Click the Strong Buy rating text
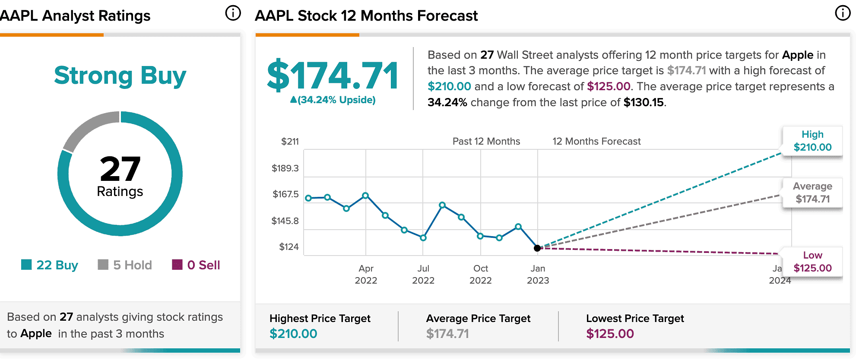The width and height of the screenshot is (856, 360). pyautogui.click(x=120, y=76)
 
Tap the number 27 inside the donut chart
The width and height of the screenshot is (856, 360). pyautogui.click(x=120, y=169)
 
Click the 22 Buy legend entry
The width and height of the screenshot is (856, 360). pyautogui.click(x=50, y=265)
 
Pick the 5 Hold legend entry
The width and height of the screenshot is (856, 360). pyautogui.click(x=125, y=265)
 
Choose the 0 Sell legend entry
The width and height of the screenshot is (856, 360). pyautogui.click(x=196, y=265)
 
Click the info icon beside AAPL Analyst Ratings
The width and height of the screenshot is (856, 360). pyautogui.click(x=233, y=13)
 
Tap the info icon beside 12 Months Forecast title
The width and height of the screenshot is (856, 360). pyautogui.click(x=843, y=13)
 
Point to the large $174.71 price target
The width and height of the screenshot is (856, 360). pyautogui.click(x=333, y=76)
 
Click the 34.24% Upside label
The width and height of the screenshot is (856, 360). pyautogui.click(x=333, y=100)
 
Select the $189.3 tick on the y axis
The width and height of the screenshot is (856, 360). pyautogui.click(x=285, y=168)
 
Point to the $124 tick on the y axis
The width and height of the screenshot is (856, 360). pyautogui.click(x=289, y=247)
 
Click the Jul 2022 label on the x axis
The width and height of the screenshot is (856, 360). pyautogui.click(x=423, y=275)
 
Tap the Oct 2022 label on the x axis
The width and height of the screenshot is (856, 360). pyautogui.click(x=481, y=275)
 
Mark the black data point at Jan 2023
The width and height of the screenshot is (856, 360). pyautogui.click(x=537, y=248)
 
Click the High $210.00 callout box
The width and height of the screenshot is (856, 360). pyautogui.click(x=812, y=141)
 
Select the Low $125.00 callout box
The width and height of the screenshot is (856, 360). pyautogui.click(x=812, y=262)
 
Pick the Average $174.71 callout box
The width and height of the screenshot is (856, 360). pyautogui.click(x=812, y=193)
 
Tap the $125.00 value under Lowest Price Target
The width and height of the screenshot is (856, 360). pyautogui.click(x=610, y=334)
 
